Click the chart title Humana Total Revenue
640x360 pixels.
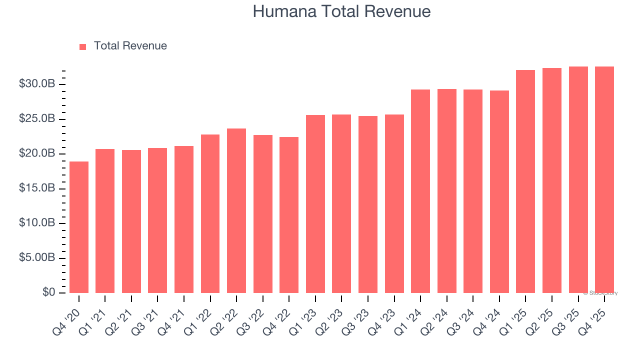(x=341, y=11)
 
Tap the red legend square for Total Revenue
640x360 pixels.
(x=83, y=46)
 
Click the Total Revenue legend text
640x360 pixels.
(x=130, y=46)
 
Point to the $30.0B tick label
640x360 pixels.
(x=37, y=84)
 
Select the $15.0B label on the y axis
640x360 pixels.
(x=37, y=188)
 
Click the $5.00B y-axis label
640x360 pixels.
(x=37, y=258)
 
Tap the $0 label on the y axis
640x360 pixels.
(x=48, y=292)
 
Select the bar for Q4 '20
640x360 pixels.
(x=79, y=227)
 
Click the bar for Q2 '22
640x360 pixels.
(x=236, y=211)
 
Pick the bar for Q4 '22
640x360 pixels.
(x=289, y=215)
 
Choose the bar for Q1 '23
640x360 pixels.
(x=315, y=204)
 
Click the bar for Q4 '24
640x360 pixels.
(x=499, y=192)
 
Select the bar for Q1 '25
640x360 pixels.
(x=525, y=181)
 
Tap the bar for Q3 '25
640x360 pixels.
(x=578, y=180)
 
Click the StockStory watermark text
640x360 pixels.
(x=600, y=293)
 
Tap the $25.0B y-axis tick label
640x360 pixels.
(x=37, y=119)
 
